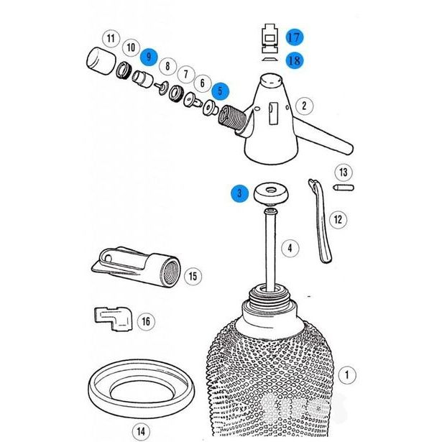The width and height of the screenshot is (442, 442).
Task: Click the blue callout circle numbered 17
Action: (x=295, y=37)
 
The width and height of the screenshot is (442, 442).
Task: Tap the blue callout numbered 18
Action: (x=295, y=60)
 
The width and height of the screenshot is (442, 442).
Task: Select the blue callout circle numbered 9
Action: (x=149, y=57)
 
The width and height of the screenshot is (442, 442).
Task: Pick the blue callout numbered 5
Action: (x=221, y=91)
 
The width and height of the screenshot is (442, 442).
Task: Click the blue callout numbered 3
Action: (x=239, y=193)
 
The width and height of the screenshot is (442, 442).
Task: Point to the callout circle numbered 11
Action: (x=111, y=38)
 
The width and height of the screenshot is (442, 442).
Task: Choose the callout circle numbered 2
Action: (x=304, y=106)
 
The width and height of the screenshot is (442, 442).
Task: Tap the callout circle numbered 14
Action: (x=141, y=431)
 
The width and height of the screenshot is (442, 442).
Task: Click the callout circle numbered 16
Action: (x=146, y=321)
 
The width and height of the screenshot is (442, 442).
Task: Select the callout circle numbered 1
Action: (x=347, y=375)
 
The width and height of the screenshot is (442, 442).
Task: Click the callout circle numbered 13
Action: (x=344, y=172)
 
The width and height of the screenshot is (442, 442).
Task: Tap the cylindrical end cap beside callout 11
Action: (x=101, y=61)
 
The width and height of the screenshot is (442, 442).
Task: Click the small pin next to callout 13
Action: (x=344, y=188)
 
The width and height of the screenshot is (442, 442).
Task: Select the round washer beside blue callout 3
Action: (x=271, y=193)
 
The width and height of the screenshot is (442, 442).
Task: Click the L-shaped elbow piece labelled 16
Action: (x=113, y=318)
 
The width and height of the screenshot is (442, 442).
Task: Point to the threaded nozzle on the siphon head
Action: (x=232, y=118)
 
